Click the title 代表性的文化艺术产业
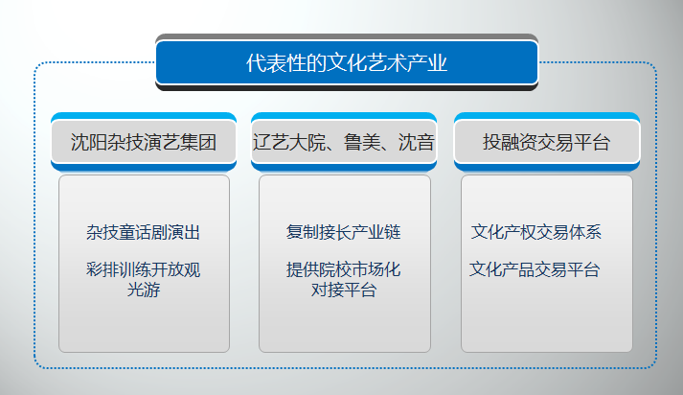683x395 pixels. [x=347, y=62]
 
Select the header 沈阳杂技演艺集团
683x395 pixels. [x=144, y=142]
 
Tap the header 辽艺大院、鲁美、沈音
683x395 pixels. [x=344, y=142]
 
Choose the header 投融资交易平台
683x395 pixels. [x=546, y=142]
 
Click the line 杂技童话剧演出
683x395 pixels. [x=144, y=232]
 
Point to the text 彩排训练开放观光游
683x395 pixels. [x=144, y=279]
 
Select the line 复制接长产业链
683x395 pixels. [x=344, y=232]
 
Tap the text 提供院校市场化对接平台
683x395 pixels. [x=344, y=279]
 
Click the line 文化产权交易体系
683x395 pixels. [x=536, y=232]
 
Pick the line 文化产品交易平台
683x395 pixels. [x=535, y=269]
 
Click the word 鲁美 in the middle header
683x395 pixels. [x=361, y=142]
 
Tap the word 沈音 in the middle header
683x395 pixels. [x=417, y=142]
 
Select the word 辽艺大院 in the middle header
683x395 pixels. [x=288, y=142]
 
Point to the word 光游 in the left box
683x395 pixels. [x=144, y=290]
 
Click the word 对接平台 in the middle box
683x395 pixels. [x=344, y=290]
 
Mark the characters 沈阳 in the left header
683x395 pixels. [x=89, y=142]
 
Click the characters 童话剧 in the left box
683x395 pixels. [x=144, y=232]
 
